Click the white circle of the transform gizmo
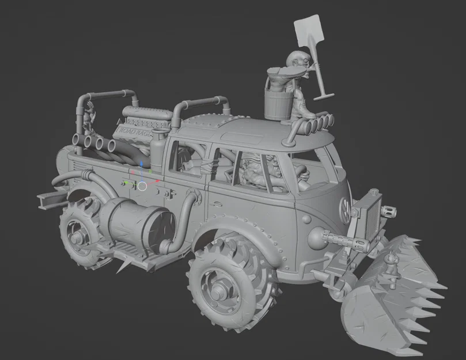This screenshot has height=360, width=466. coord(142,185)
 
